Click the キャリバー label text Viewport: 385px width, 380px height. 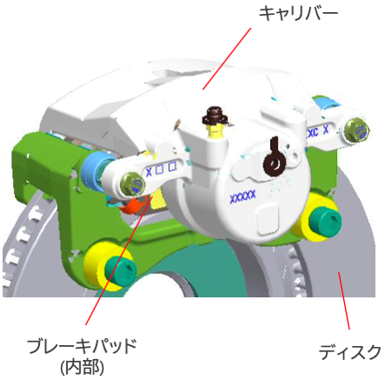pyautogui.click(x=298, y=14)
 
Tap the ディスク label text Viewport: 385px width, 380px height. pyautogui.click(x=350, y=352)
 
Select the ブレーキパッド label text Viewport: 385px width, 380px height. pyautogui.click(x=82, y=346)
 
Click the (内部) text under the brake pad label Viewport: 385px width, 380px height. pyautogui.click(x=82, y=367)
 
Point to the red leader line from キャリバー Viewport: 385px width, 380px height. pyautogui.click(x=226, y=58)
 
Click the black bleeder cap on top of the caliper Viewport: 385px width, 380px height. pyautogui.click(x=214, y=116)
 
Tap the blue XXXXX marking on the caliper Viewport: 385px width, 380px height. pyautogui.click(x=243, y=197)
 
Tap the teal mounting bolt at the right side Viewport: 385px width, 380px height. pyautogui.click(x=325, y=221)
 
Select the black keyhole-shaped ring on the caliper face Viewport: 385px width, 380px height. pyautogui.click(x=274, y=159)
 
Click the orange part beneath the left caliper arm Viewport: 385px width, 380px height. pyautogui.click(x=132, y=205)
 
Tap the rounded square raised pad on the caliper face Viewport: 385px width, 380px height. pyautogui.click(x=268, y=219)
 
